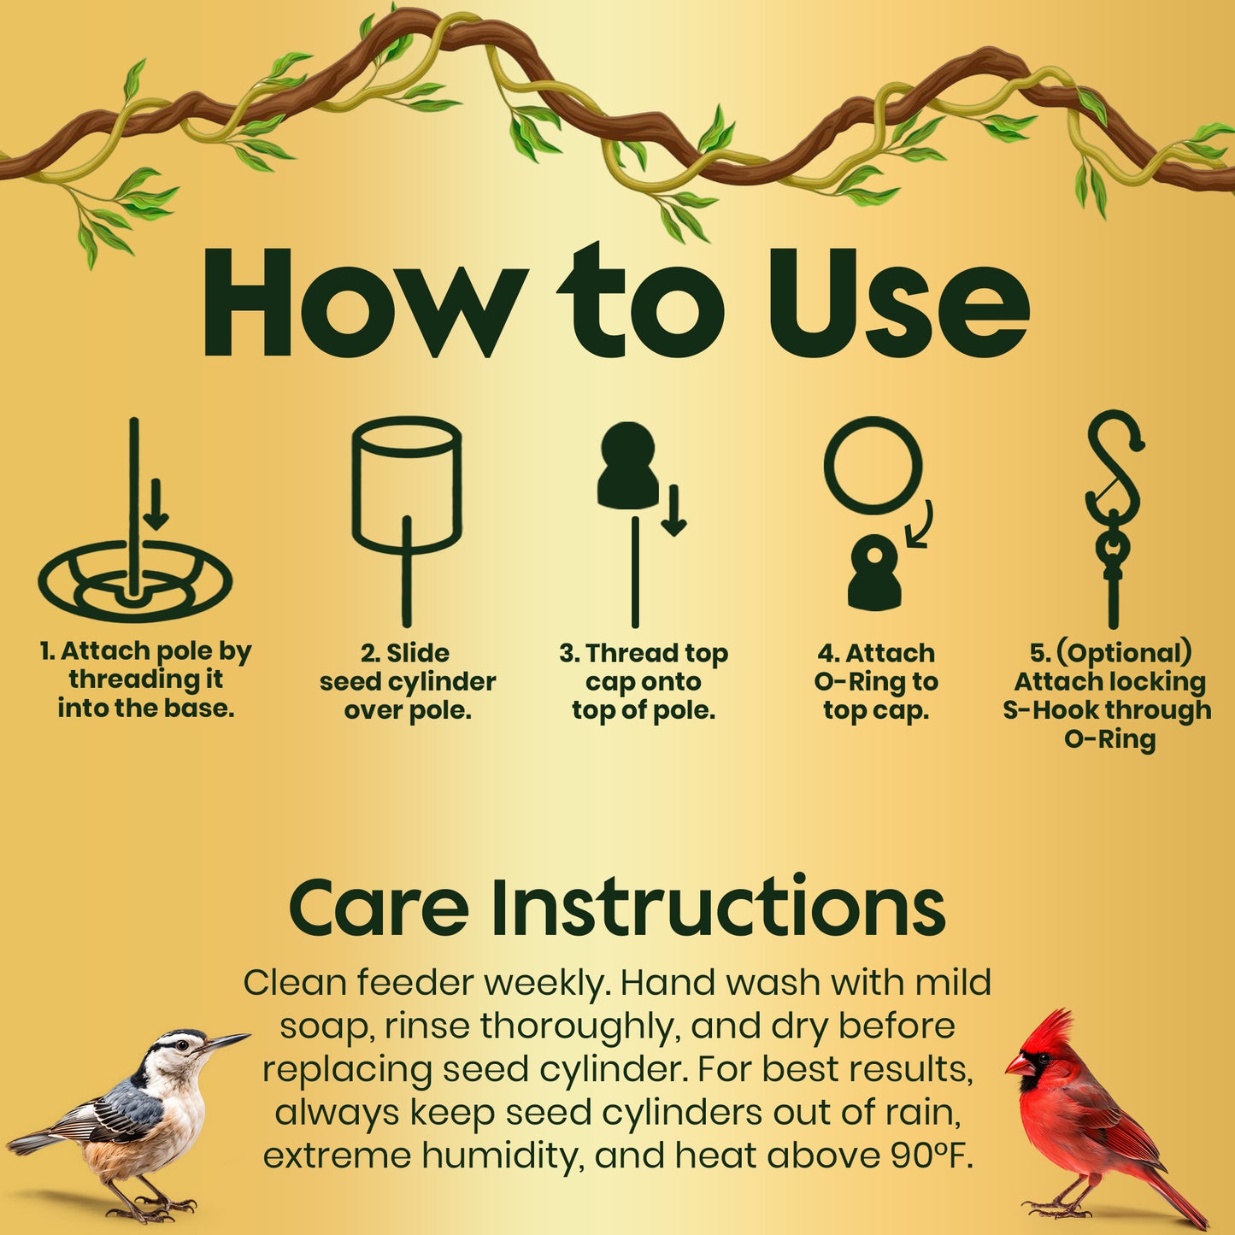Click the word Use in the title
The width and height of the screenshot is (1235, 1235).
coord(897,304)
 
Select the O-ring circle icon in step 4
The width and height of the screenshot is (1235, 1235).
coord(873,466)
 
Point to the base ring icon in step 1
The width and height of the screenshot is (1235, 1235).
coord(135,581)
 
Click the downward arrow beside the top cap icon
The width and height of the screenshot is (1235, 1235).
coord(674,511)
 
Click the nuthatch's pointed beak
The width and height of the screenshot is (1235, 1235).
coord(226,1040)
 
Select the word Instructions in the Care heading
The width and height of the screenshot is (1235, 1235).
coord(718,909)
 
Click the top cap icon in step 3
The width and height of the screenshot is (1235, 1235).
coord(628,466)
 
